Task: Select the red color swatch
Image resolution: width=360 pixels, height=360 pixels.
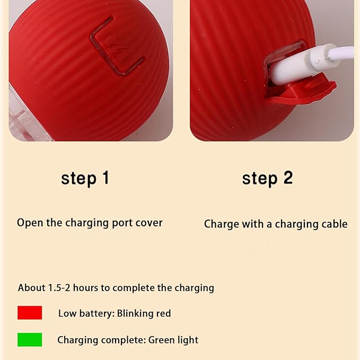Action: [x=30, y=312]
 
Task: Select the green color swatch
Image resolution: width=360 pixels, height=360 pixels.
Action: [x=30, y=339]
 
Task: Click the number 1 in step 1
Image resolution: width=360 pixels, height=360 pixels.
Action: [x=106, y=178]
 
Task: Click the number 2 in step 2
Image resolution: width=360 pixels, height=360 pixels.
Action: [x=288, y=178]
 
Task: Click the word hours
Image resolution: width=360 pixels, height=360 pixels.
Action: [x=85, y=288]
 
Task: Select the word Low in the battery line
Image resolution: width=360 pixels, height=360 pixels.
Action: [x=67, y=313]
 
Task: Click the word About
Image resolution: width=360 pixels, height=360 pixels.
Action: [x=32, y=288]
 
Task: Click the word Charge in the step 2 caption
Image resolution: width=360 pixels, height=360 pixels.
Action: [x=221, y=224]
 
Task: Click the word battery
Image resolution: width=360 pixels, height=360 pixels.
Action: [x=96, y=313]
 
